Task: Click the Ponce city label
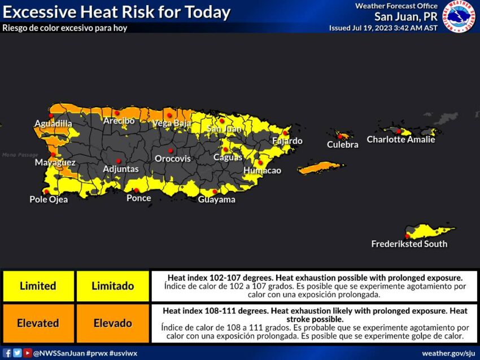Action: (138, 198)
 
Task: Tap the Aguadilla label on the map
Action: (53, 124)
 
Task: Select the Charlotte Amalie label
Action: (401, 139)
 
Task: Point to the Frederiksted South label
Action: (409, 244)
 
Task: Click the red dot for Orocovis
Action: (170, 151)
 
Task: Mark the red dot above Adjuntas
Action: (119, 160)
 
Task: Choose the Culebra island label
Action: (342, 144)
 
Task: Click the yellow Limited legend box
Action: (38, 286)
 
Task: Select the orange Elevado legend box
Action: (112, 323)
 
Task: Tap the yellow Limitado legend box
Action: (112, 286)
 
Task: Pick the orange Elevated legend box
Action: (38, 323)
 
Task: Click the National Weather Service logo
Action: (459, 16)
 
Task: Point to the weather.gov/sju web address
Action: (448, 353)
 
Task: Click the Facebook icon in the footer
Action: (7, 353)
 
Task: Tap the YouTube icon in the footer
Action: (27, 353)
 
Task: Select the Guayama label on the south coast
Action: (216, 199)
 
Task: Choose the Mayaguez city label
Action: (55, 163)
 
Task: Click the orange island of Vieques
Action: (320, 168)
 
